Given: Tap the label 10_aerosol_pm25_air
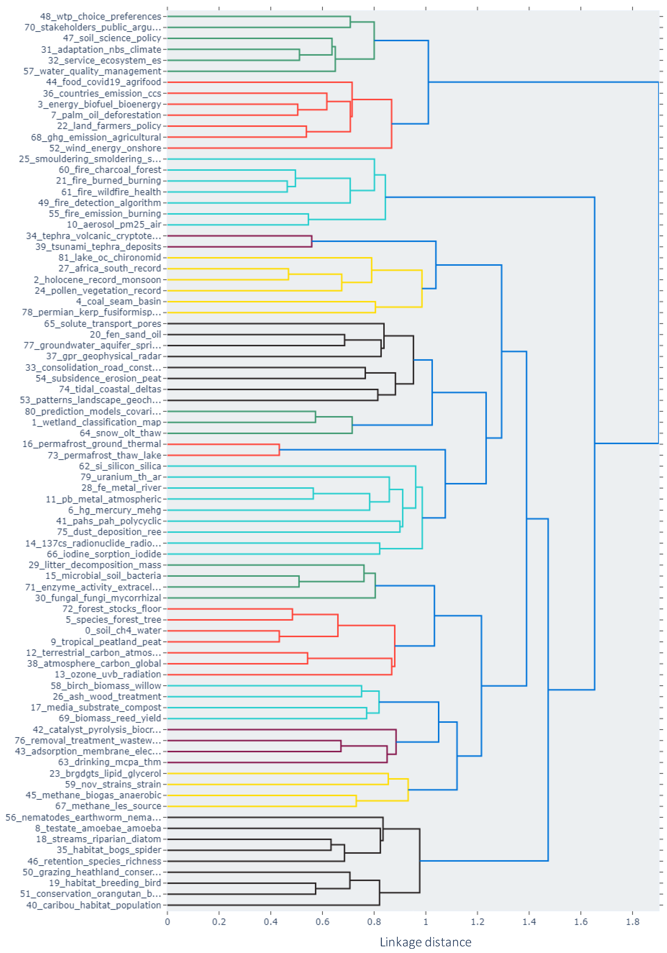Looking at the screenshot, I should [x=114, y=225].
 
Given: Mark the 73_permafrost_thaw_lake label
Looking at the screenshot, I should [x=104, y=455].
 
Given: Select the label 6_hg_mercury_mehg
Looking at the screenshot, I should [x=115, y=510].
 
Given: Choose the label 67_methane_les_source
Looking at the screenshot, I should [x=108, y=806].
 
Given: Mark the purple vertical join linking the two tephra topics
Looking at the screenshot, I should [x=312, y=241].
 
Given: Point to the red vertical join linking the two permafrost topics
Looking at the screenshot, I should [x=279, y=449].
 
